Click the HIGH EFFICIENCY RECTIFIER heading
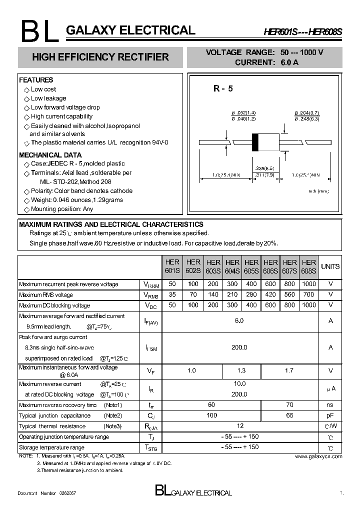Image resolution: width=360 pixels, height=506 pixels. [100, 57]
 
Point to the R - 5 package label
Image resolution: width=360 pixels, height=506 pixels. [223, 88]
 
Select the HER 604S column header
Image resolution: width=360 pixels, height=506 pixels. [232, 266]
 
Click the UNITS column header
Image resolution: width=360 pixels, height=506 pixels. [330, 266]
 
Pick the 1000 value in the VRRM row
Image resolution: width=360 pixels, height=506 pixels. [309, 284]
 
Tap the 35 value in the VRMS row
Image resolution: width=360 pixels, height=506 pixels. [172, 294]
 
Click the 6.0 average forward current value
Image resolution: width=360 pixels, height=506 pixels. [239, 320]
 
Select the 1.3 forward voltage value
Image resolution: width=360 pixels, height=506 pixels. [241, 370]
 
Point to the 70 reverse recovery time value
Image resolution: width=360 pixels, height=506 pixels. [289, 404]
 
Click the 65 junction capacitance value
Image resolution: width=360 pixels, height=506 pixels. [289, 415]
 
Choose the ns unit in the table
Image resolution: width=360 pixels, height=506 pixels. [330, 404]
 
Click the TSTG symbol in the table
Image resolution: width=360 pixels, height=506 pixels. [150, 447]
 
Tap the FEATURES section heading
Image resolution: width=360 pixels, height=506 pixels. [36, 80]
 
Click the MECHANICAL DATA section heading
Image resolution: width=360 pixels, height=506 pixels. [50, 155]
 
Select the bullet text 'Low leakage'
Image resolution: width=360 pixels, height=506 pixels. [48, 98]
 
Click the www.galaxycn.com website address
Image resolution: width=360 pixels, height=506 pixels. [318, 456]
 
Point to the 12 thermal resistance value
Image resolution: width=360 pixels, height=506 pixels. [240, 425]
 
